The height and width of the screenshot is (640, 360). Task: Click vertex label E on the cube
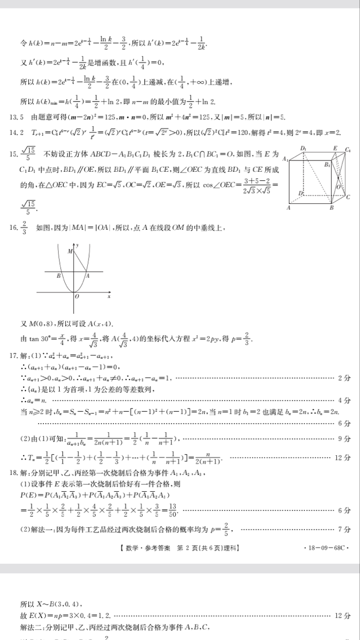334,148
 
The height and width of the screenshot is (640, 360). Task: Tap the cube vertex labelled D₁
303,148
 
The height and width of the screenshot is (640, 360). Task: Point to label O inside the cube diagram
339,187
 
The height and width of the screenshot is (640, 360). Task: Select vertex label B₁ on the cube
327,165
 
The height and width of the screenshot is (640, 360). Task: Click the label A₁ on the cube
285,159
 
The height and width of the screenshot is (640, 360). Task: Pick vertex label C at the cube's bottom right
348,197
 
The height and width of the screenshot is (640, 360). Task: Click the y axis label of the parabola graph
77,245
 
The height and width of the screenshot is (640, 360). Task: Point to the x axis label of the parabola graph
109,296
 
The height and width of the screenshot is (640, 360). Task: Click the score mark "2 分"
344,378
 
